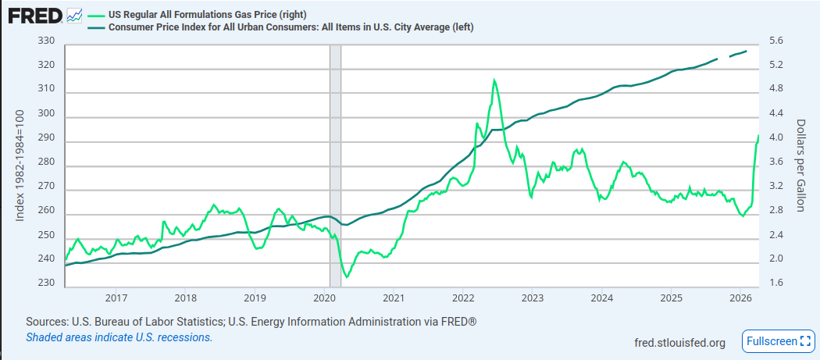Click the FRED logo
click(x=34, y=16)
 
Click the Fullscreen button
click(x=778, y=341)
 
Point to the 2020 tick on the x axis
click(x=324, y=298)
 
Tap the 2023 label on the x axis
click(x=532, y=298)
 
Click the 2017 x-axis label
click(x=116, y=298)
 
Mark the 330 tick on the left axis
click(x=46, y=41)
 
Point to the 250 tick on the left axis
click(x=46, y=235)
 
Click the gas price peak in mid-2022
click(x=494, y=80)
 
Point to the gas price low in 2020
click(x=348, y=276)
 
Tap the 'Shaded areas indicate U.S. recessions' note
click(x=119, y=337)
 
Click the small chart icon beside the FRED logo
click(x=75, y=15)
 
